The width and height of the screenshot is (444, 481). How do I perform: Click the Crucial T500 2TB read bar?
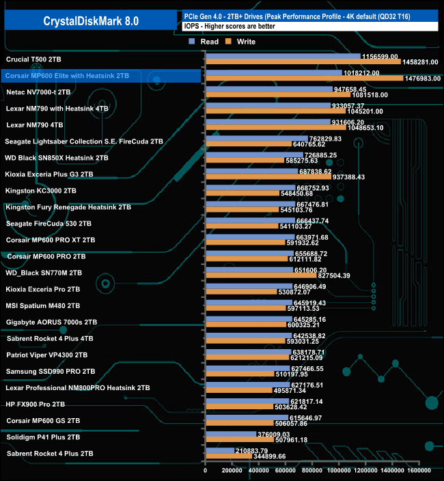pos(283,55)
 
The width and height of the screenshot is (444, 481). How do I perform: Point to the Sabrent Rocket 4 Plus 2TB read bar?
pos(219,450)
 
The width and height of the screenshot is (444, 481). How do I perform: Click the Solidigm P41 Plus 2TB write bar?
pos(239,440)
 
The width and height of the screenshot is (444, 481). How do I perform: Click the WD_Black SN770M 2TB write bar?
pos(260,275)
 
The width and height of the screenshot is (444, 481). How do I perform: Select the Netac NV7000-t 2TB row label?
pos(38,91)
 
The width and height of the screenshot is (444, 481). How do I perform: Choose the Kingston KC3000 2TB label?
pos(41,191)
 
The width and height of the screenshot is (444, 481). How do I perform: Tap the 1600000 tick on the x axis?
pos(419,471)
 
